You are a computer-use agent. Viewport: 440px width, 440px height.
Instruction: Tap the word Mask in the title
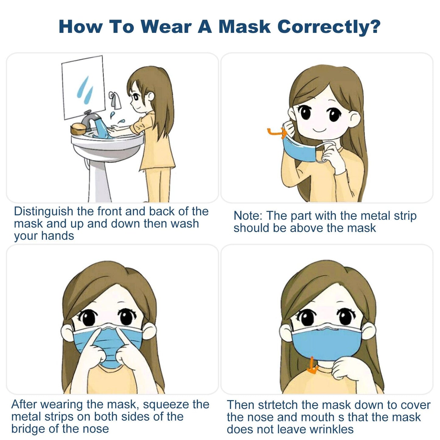tap(245, 26)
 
